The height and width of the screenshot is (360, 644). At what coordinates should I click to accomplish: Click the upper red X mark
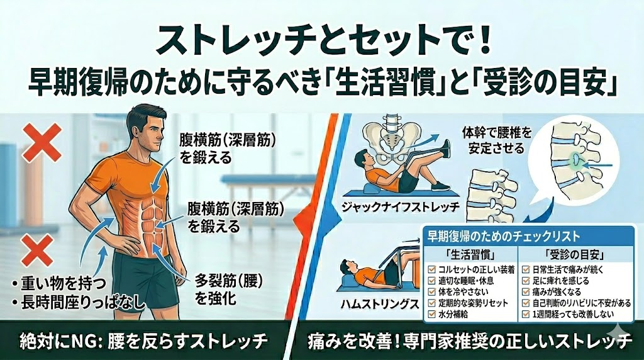42,143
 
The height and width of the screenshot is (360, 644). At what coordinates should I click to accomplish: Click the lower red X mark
38,250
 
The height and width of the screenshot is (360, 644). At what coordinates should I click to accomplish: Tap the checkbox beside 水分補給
431,315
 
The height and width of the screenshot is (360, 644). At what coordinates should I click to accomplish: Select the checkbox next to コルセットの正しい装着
431,269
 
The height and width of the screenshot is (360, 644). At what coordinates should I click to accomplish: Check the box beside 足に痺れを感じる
526,281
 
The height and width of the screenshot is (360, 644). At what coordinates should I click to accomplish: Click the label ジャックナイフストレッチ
401,206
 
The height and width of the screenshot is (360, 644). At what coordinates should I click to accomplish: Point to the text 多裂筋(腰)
228,281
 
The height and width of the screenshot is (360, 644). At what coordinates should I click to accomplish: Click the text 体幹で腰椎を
497,133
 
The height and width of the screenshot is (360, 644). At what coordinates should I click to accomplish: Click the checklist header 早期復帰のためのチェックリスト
504,236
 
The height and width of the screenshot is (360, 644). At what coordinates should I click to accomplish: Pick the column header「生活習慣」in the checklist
470,255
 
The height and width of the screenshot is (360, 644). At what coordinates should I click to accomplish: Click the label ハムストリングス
380,304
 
